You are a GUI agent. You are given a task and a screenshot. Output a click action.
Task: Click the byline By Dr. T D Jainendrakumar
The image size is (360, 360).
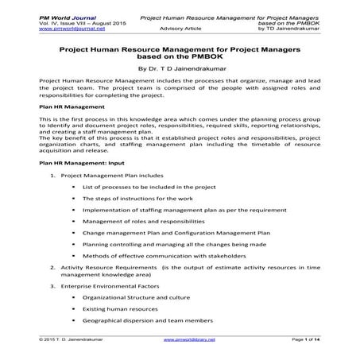180,68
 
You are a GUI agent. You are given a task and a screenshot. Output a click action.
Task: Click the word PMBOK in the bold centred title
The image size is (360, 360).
218,56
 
